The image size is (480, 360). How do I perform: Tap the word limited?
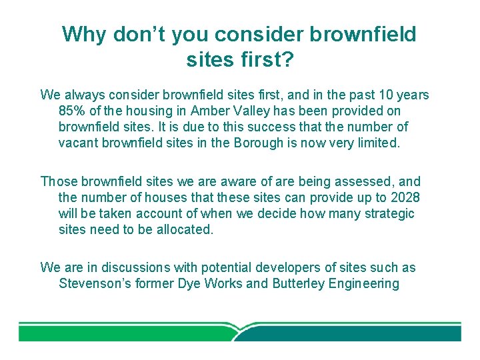tap(377, 143)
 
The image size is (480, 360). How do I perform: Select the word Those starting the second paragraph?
tap(58, 181)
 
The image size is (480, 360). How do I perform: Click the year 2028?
tap(405, 197)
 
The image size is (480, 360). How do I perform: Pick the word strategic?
tap(387, 213)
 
